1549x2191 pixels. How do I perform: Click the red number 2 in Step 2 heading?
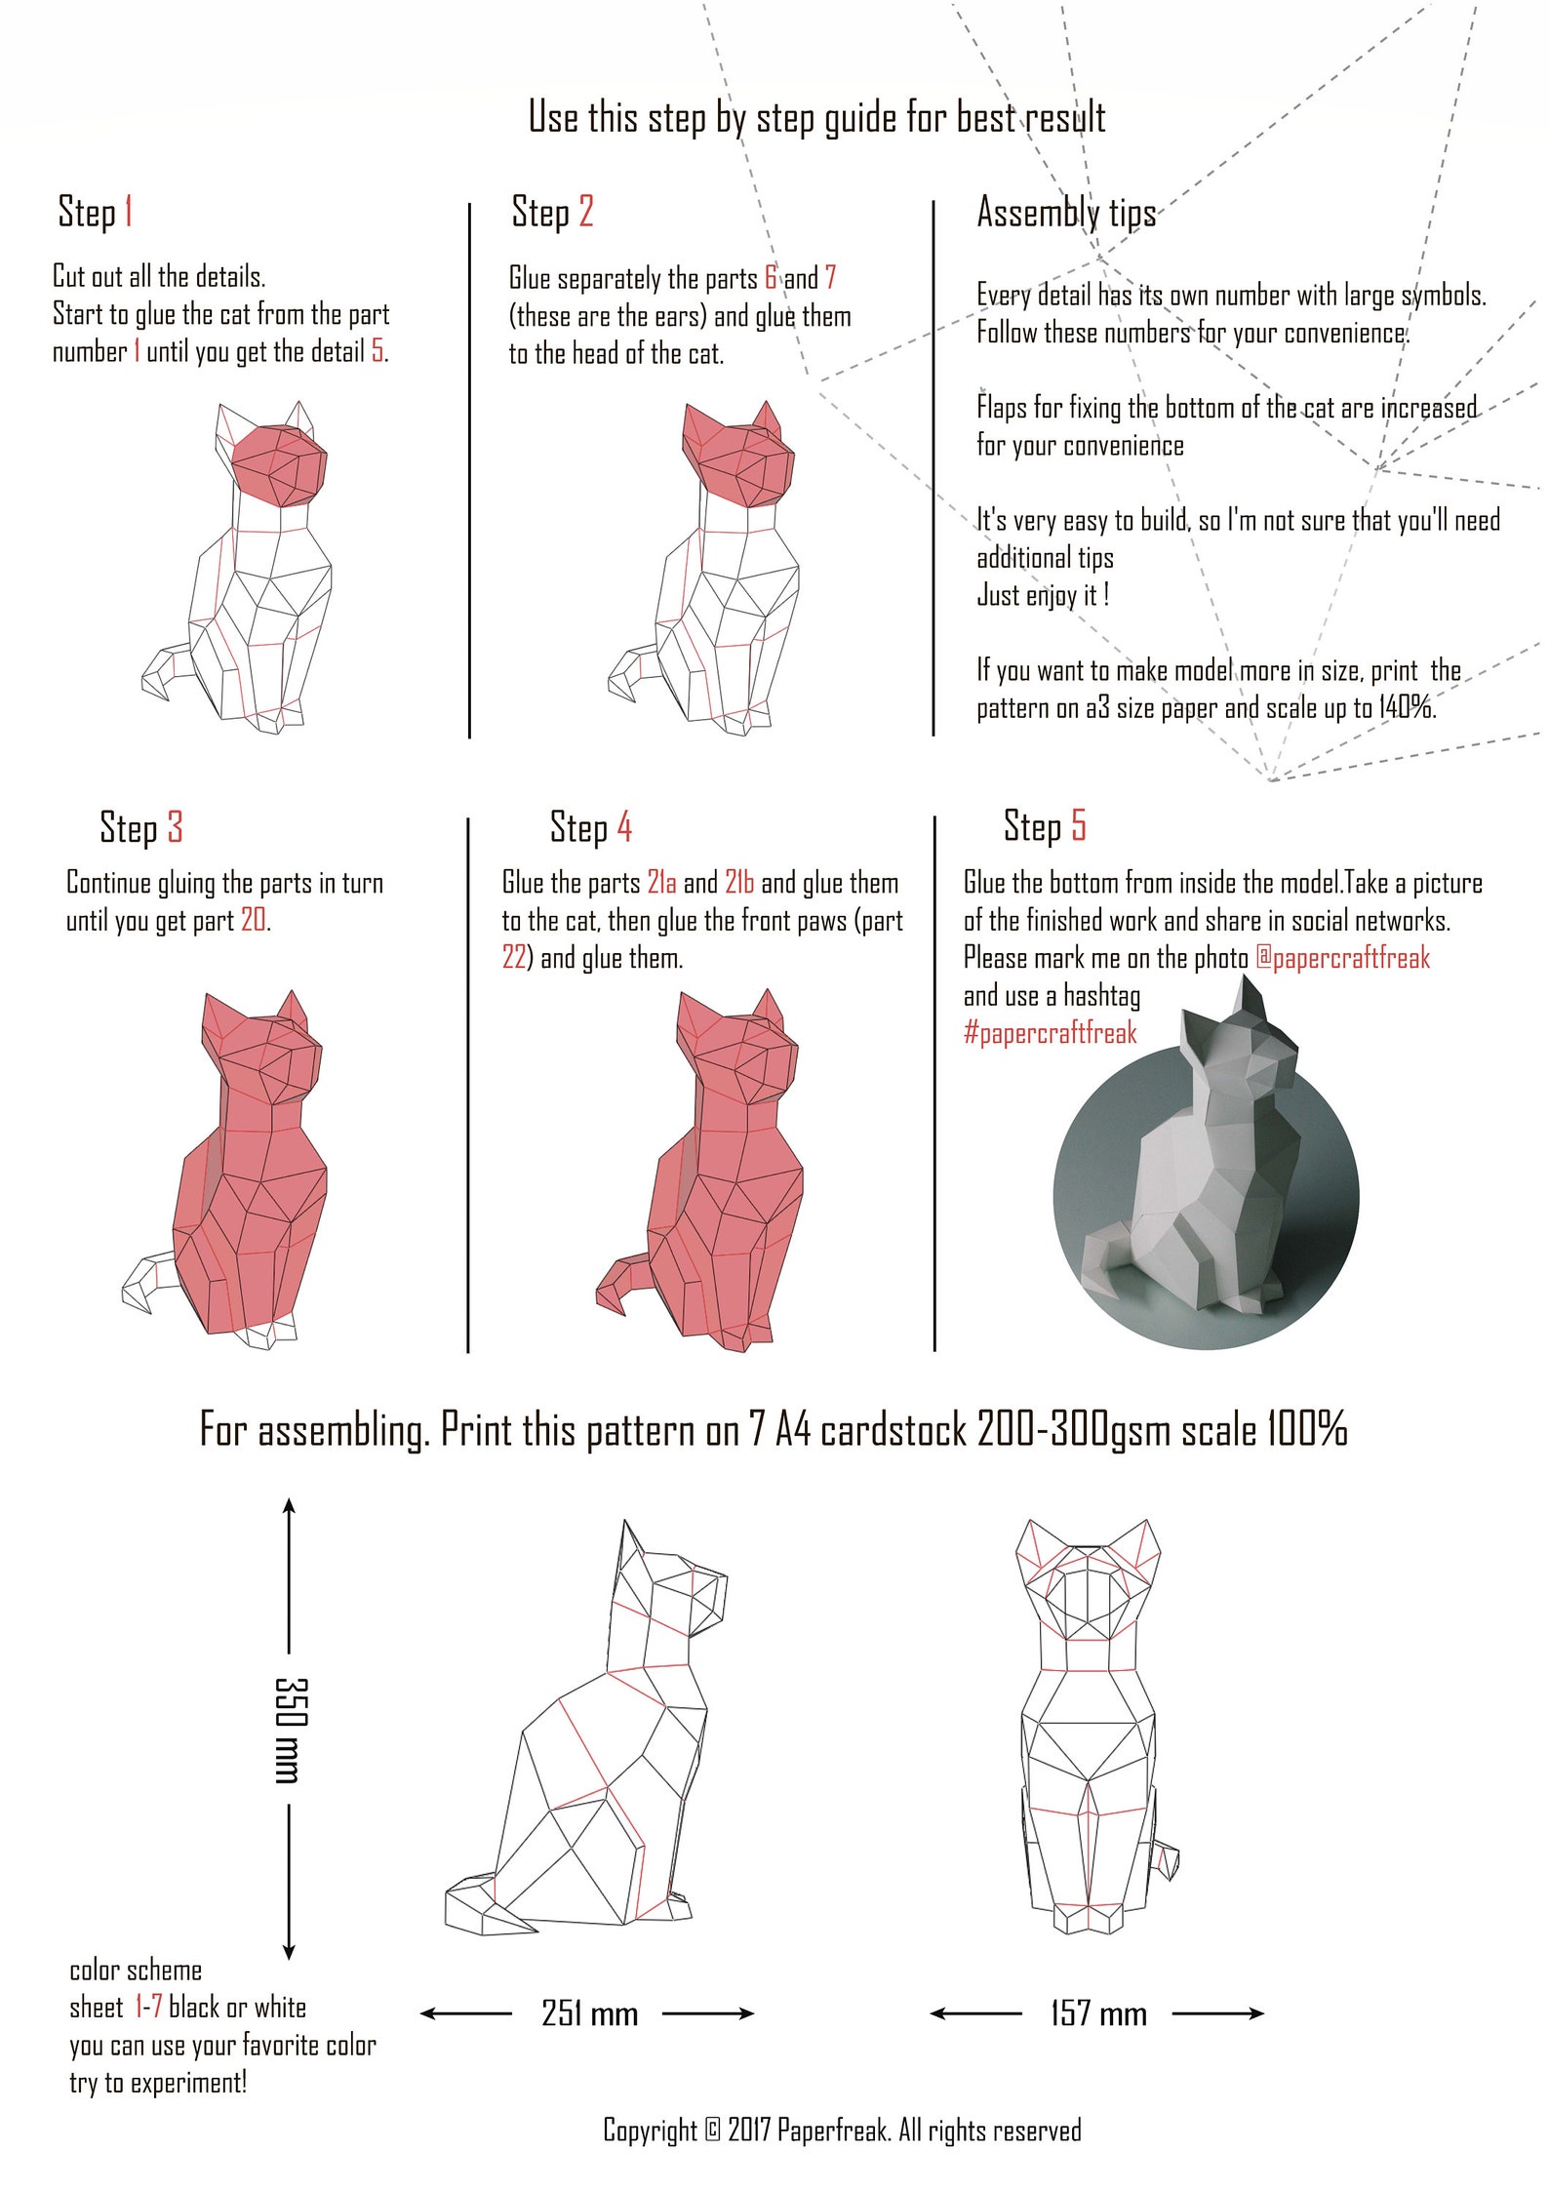coord(585,212)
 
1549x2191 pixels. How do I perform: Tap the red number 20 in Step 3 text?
coord(254,920)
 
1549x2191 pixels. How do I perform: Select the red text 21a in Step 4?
coord(661,883)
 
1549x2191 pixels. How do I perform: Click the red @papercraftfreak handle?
coord(1342,958)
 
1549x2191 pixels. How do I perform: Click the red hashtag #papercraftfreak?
coord(1050,1033)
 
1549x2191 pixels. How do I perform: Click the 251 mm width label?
coord(589,2012)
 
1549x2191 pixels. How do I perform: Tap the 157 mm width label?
coord(1098,2012)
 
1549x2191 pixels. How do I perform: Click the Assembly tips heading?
coord(1066,213)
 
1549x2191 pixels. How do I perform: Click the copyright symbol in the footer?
coord(712,2130)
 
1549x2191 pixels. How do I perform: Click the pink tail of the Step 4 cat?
coord(618,1282)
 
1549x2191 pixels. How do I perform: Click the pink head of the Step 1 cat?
coord(281,463)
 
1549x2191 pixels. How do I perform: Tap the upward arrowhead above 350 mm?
coord(289,1506)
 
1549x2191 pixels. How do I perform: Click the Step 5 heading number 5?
coord(1078,825)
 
